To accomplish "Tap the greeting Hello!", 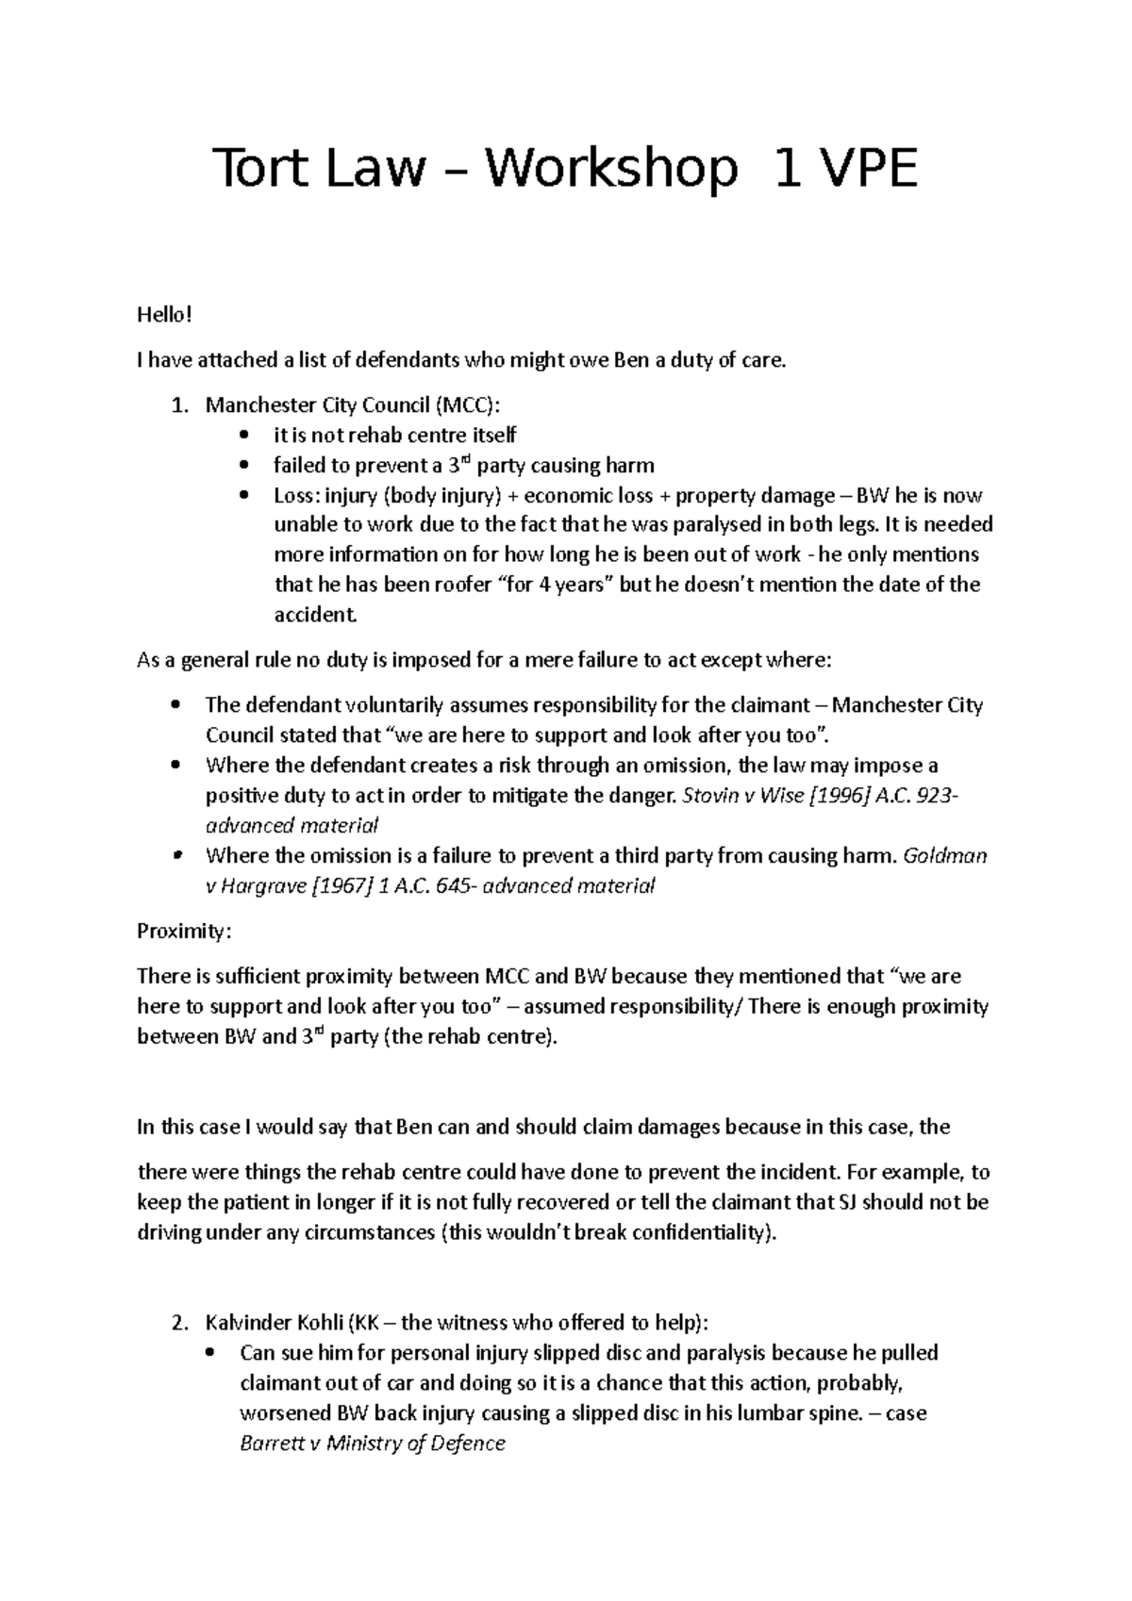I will (x=164, y=314).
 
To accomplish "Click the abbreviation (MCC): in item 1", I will (x=469, y=405).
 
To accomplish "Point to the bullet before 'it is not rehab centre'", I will (x=244, y=436).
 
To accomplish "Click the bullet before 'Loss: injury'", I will (x=244, y=496).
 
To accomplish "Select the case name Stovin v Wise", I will (x=739, y=795).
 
